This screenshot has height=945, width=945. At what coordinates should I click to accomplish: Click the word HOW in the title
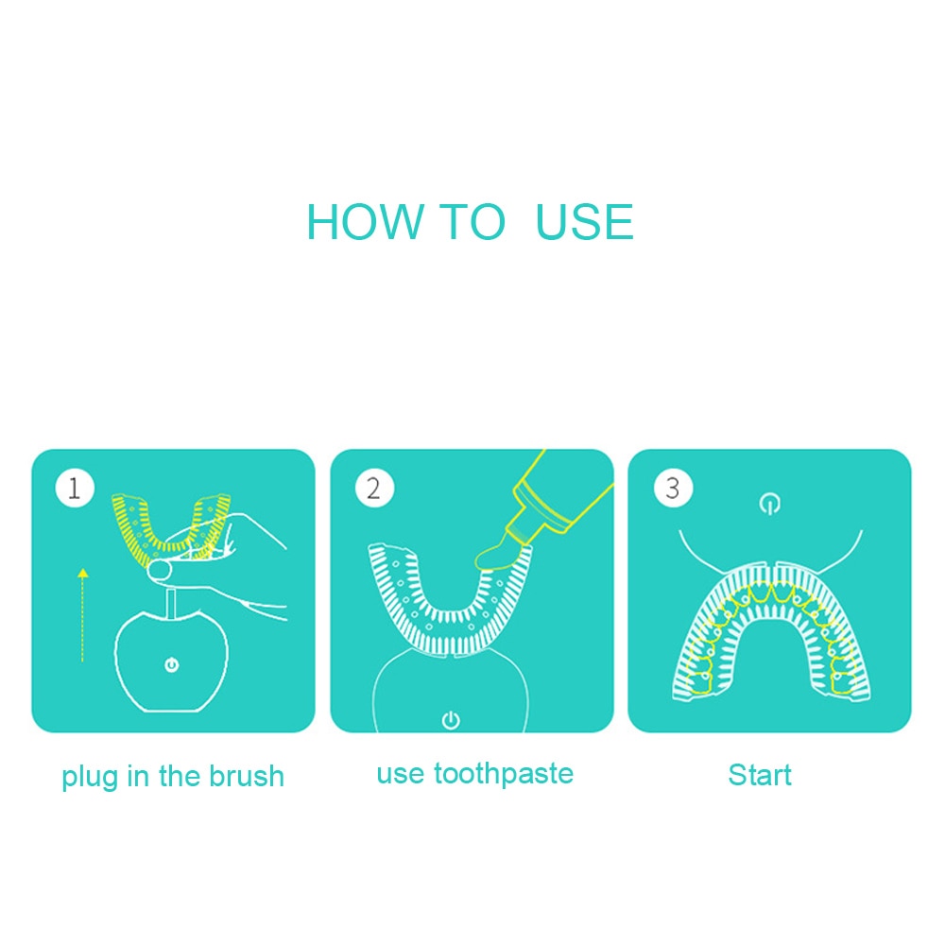tap(364, 222)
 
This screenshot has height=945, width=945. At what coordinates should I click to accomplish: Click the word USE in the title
tap(584, 222)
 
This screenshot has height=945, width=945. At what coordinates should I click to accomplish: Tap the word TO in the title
tap(472, 222)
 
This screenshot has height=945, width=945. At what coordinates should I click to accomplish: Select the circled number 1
tap(75, 488)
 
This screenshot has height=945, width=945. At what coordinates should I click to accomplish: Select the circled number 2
tap(373, 488)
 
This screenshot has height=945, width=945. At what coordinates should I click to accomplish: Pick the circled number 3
tap(673, 488)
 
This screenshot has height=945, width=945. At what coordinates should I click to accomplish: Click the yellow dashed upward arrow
tap(82, 615)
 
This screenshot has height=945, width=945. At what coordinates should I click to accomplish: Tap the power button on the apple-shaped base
tap(172, 664)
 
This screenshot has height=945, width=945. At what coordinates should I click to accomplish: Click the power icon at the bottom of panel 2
tap(451, 719)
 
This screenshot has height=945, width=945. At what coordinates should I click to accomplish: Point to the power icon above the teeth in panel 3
tap(769, 504)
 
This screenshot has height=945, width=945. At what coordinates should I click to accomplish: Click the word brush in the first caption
tap(246, 776)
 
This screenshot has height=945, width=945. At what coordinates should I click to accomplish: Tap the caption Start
tap(760, 775)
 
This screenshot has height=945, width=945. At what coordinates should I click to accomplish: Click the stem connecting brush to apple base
tap(170, 603)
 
